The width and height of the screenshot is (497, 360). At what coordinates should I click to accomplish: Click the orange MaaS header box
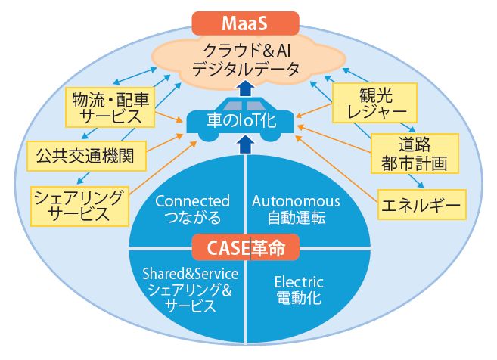[x=245, y=23]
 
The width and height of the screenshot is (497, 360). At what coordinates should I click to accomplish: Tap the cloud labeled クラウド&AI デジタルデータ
[x=247, y=60]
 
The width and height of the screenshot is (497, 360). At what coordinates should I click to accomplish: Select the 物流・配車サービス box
[x=110, y=107]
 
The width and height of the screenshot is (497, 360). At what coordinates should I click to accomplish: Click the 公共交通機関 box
[x=86, y=156]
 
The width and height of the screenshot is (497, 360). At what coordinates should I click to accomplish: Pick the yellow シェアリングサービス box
[x=79, y=206]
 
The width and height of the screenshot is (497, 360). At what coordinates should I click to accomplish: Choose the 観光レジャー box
[x=374, y=103]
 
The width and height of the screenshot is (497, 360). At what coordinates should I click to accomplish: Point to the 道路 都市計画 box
[x=415, y=154]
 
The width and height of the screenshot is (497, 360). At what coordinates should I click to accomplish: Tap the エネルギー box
[x=422, y=205]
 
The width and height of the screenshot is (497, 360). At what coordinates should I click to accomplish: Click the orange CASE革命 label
[x=246, y=247]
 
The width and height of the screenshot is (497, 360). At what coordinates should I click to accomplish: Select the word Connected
[x=192, y=201]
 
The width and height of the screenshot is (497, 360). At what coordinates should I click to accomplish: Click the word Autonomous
[x=296, y=201]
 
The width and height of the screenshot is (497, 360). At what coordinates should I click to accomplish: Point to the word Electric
[x=299, y=282]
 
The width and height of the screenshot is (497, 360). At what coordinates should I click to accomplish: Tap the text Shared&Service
[x=191, y=274]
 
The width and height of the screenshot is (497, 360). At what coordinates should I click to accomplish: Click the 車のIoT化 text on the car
[x=241, y=120]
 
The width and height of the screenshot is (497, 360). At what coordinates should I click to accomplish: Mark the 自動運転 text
[x=297, y=218]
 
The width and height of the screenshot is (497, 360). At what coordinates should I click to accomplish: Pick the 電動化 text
[x=299, y=298]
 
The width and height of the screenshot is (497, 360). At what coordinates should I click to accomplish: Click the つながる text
[x=193, y=217]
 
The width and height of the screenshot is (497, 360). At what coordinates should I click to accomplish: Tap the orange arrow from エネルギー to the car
[x=337, y=169]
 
